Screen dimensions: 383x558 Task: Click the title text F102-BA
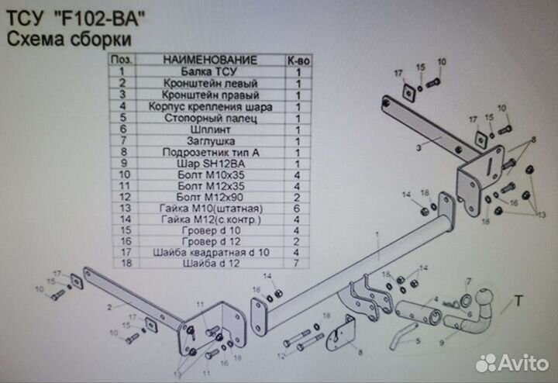click(104, 16)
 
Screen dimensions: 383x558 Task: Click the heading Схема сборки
click(69, 39)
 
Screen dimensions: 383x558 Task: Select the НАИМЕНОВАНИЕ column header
click(210, 60)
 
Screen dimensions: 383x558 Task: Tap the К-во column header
click(298, 60)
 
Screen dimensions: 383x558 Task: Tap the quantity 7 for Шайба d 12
click(298, 264)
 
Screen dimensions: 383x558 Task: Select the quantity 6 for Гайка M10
click(298, 209)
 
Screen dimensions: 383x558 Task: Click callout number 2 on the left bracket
click(111, 308)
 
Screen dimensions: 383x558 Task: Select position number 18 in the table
click(120, 264)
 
